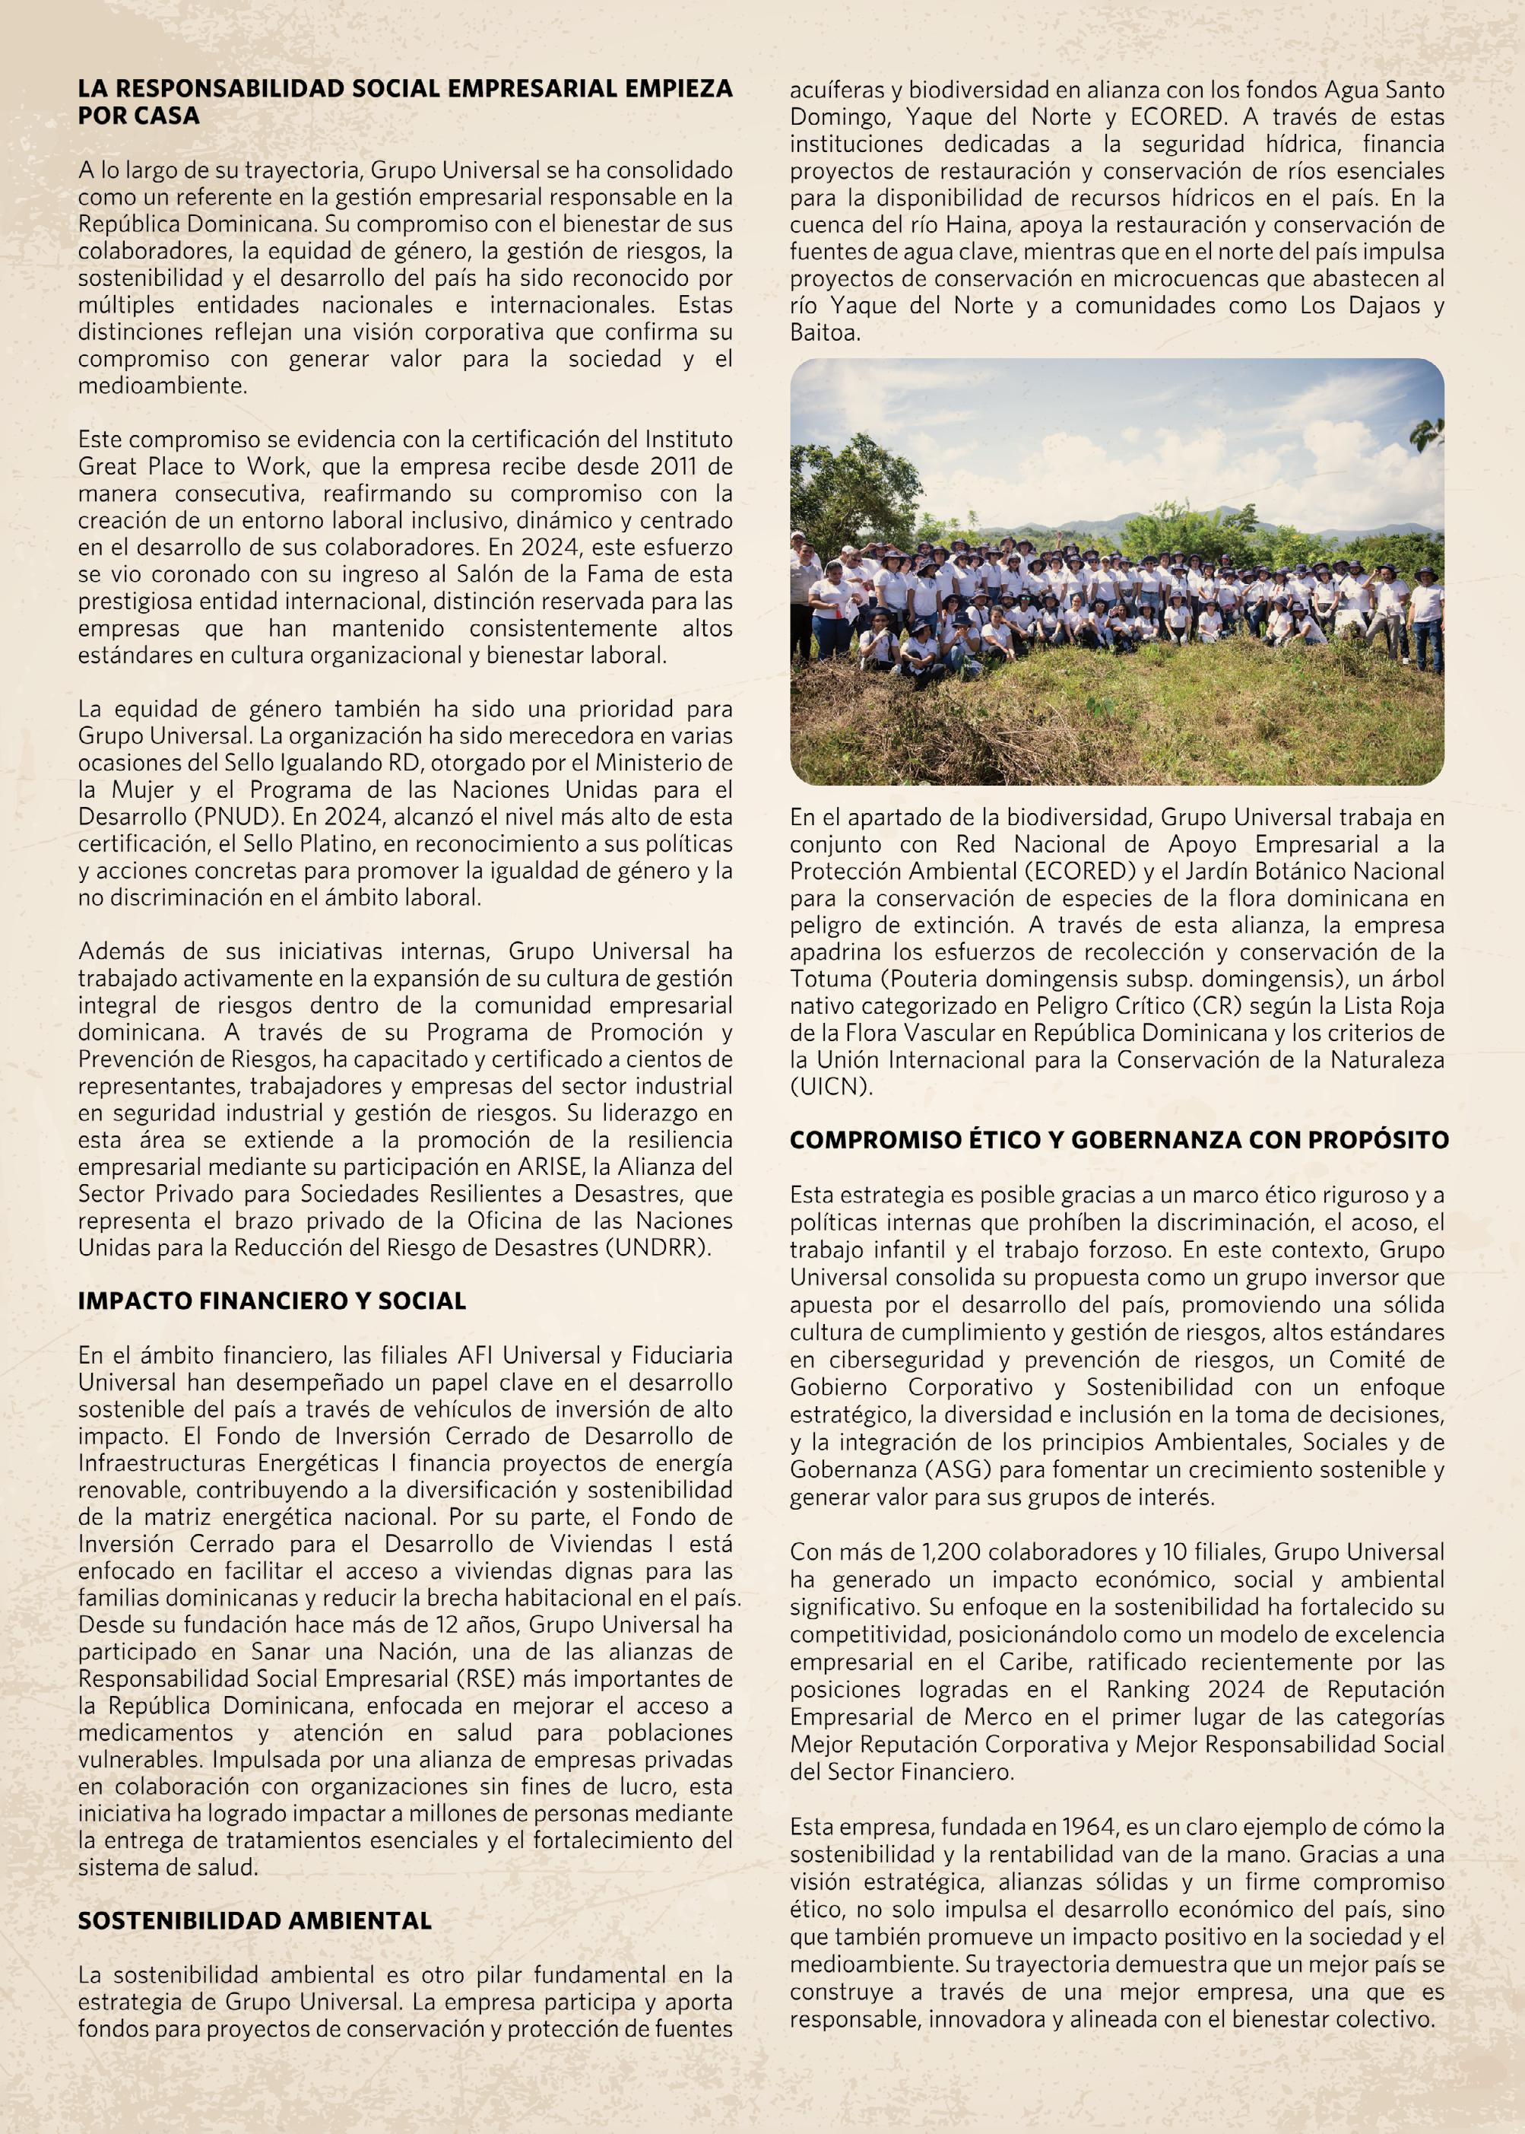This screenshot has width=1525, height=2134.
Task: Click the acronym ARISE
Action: tap(540, 1167)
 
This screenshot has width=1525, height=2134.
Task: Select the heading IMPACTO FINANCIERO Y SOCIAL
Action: tap(272, 1301)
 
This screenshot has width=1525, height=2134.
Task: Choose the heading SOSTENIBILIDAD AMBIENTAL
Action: tap(255, 1921)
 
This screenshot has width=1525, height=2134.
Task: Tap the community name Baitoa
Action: tap(826, 332)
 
